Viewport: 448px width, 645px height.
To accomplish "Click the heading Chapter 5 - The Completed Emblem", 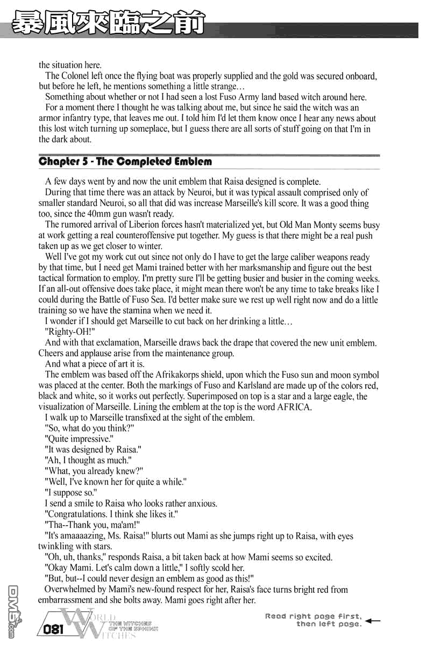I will click(125, 162).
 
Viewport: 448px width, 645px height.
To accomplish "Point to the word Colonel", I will click(77, 76).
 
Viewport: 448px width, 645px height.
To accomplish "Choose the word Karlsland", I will click(250, 386).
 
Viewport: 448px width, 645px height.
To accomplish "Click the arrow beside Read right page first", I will click(372, 620).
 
